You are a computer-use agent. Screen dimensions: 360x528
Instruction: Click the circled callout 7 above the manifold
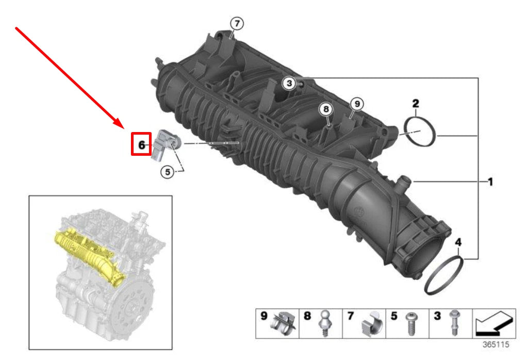pos(236,24)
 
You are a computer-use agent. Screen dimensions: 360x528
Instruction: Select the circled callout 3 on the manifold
pos(289,83)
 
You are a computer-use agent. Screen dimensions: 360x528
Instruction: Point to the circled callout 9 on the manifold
pos(355,104)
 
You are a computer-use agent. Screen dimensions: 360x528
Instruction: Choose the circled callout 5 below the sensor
pos(167,172)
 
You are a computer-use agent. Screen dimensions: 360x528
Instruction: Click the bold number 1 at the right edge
pos(490,182)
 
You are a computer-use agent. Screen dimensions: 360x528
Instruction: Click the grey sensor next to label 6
pos(164,145)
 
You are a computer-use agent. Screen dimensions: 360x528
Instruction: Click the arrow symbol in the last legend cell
pos(493,323)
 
